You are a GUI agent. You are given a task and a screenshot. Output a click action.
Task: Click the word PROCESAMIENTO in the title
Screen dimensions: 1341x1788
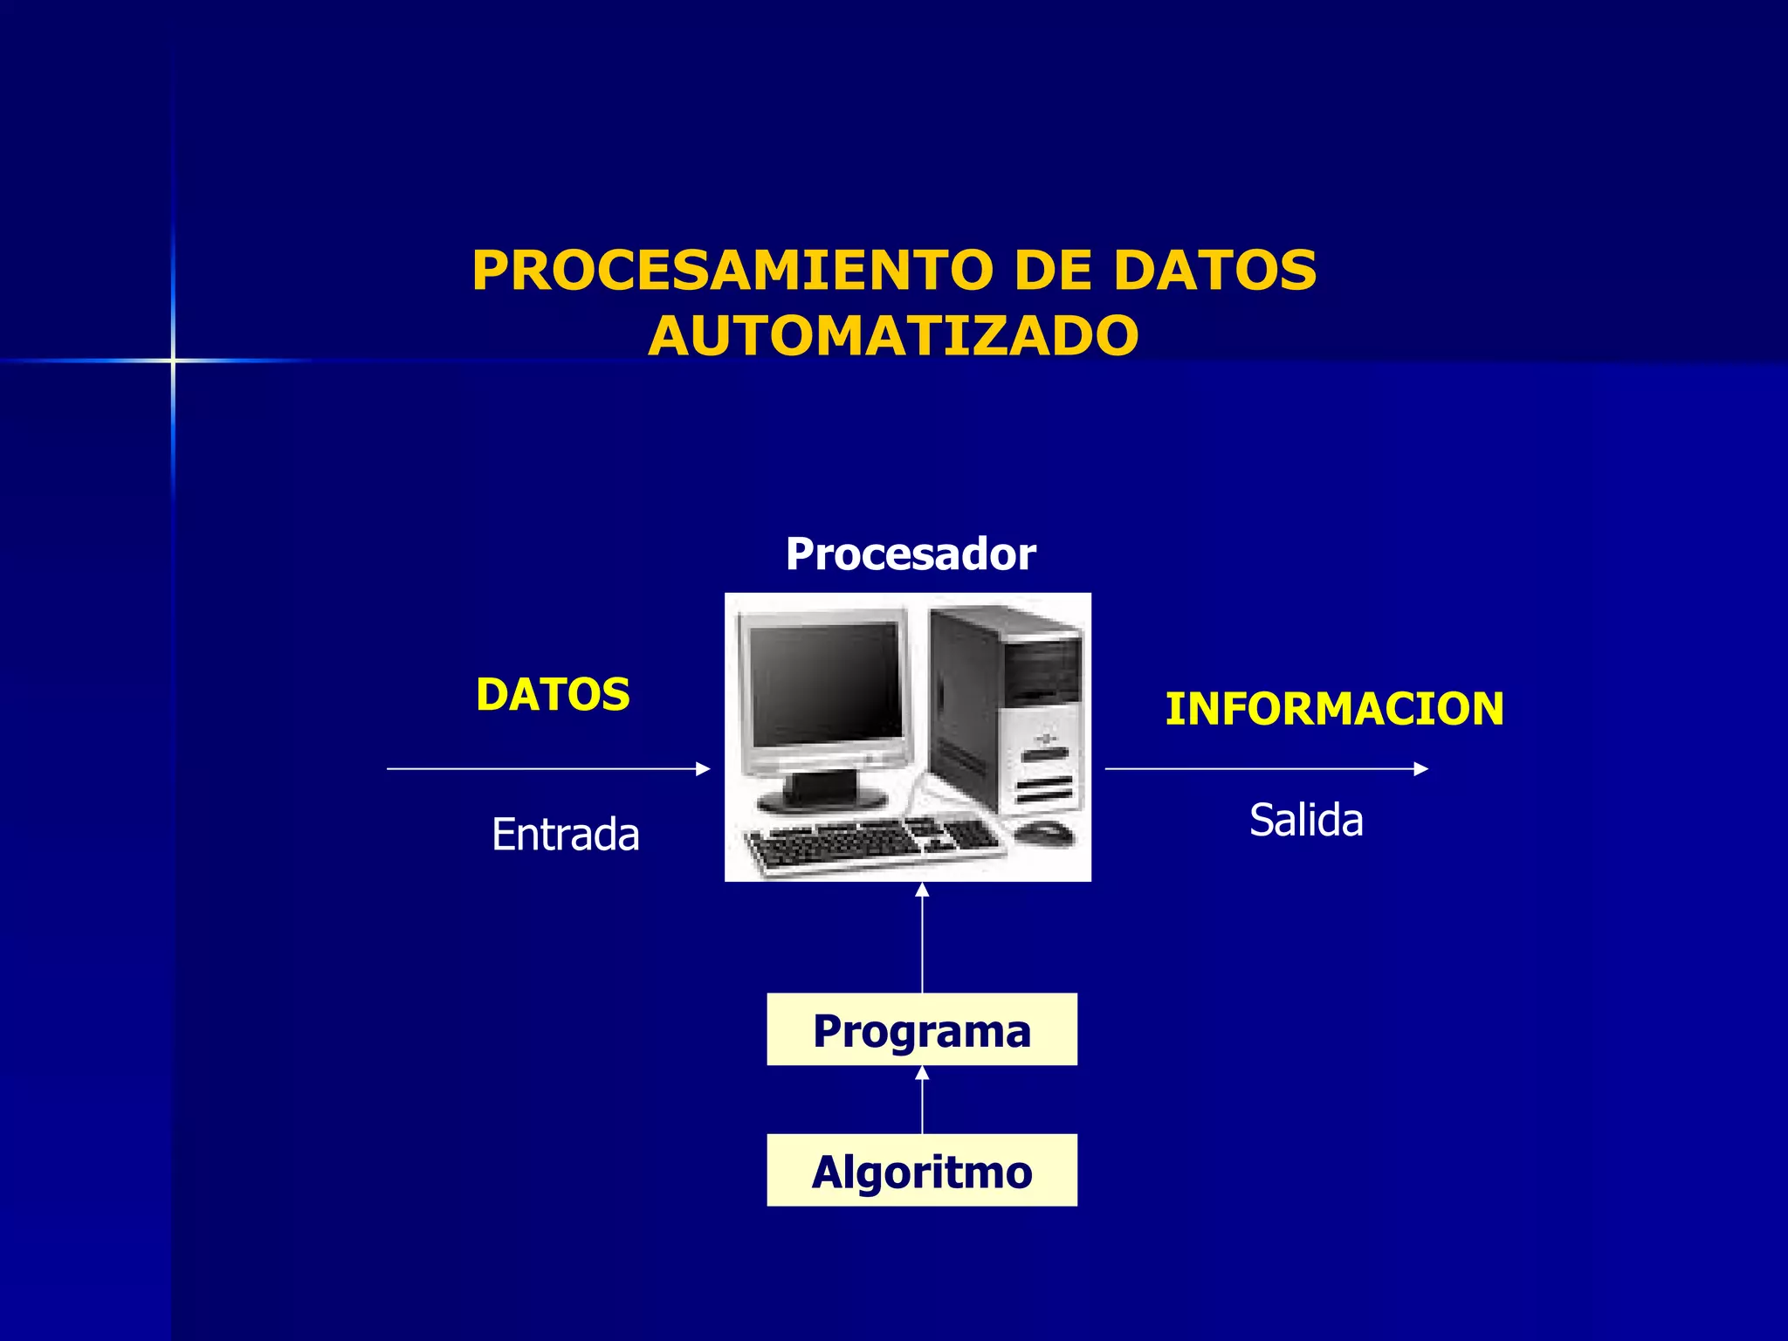tap(732, 271)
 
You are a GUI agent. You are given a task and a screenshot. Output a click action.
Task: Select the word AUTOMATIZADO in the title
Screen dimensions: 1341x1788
tap(893, 337)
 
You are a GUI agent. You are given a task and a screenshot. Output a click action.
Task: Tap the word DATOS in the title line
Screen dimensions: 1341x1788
tap(1214, 271)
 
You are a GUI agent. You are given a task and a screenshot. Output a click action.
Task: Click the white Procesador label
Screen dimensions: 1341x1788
tap(911, 554)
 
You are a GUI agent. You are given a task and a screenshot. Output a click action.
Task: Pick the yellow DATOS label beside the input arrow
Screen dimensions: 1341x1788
tap(553, 696)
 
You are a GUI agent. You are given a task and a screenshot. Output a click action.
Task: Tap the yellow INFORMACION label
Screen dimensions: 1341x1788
tap(1334, 709)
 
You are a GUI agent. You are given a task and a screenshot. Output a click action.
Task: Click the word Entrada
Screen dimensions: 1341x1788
tap(565, 835)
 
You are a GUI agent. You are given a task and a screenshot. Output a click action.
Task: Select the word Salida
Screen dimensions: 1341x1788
tap(1306, 821)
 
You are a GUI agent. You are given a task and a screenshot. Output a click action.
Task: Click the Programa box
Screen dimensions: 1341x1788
tap(922, 1030)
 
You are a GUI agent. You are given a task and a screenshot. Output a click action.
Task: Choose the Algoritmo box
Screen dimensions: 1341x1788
tap(922, 1171)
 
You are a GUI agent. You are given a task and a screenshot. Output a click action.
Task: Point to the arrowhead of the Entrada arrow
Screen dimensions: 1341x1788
tap(704, 769)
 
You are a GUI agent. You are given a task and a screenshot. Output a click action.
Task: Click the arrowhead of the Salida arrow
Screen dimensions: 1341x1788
tap(1420, 769)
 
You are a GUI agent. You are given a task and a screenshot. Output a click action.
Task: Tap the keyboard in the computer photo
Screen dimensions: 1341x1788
tap(873, 842)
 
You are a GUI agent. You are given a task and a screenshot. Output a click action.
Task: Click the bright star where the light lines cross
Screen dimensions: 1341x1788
tap(173, 361)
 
